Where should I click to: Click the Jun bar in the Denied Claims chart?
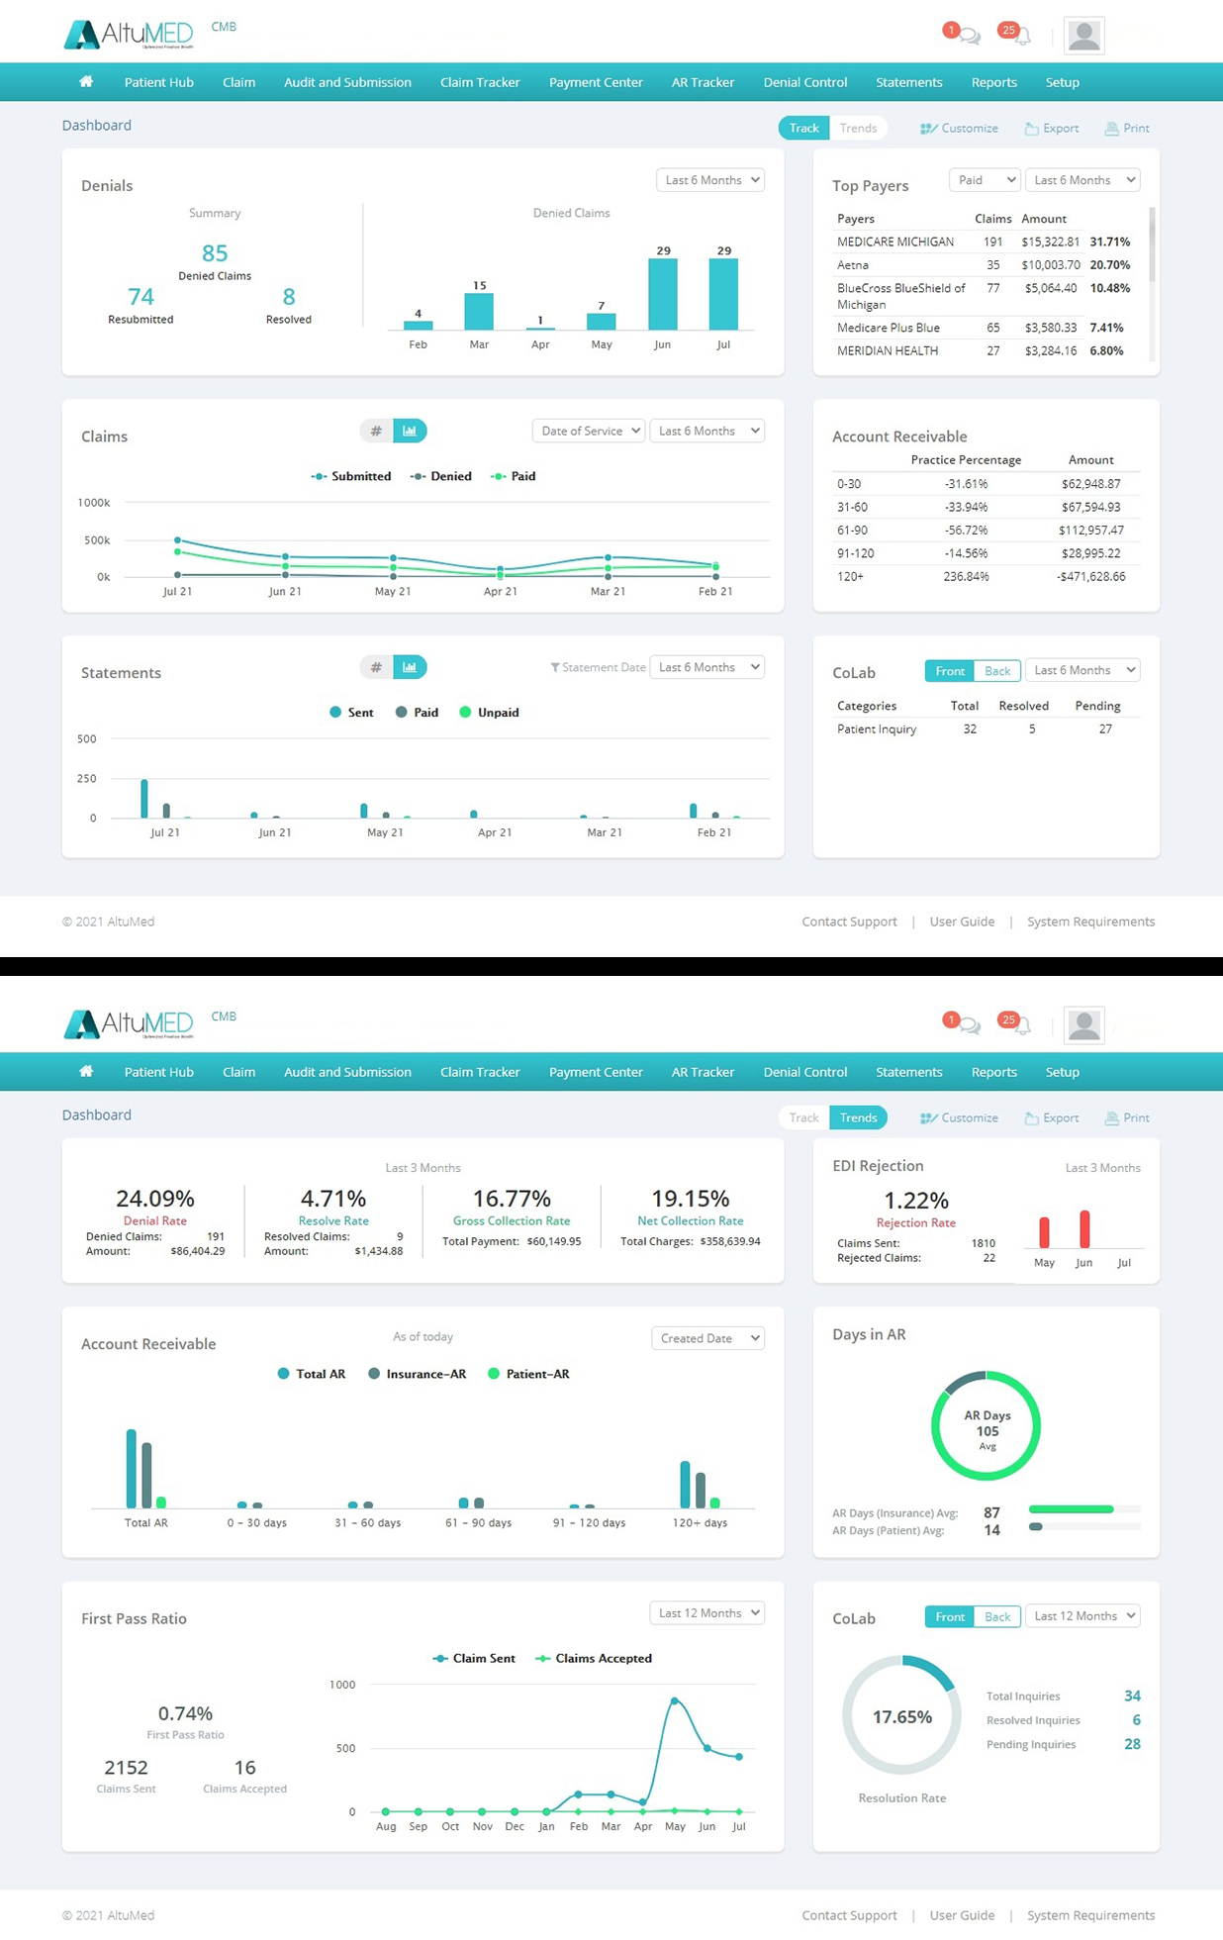pos(663,294)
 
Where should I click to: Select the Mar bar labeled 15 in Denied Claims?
pos(479,311)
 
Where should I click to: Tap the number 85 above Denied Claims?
pos(215,253)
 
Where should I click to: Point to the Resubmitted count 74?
pos(141,297)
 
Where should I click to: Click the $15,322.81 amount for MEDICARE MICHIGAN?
pos(1050,242)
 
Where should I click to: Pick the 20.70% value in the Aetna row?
pos(1109,265)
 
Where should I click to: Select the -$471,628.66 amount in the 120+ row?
pos(1090,576)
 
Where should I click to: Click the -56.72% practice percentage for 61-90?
pos(966,531)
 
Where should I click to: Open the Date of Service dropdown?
pos(589,431)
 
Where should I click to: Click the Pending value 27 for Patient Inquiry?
pos(1105,729)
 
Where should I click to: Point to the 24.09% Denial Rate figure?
pos(154,1199)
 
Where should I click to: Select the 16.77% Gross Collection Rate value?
pos(512,1199)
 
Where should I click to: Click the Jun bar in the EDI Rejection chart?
pos(1084,1228)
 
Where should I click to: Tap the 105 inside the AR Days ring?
pos(988,1431)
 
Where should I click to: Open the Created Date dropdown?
pos(707,1338)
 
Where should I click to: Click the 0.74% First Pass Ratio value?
pos(185,1713)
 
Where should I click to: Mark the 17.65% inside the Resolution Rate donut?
pos(901,1716)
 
